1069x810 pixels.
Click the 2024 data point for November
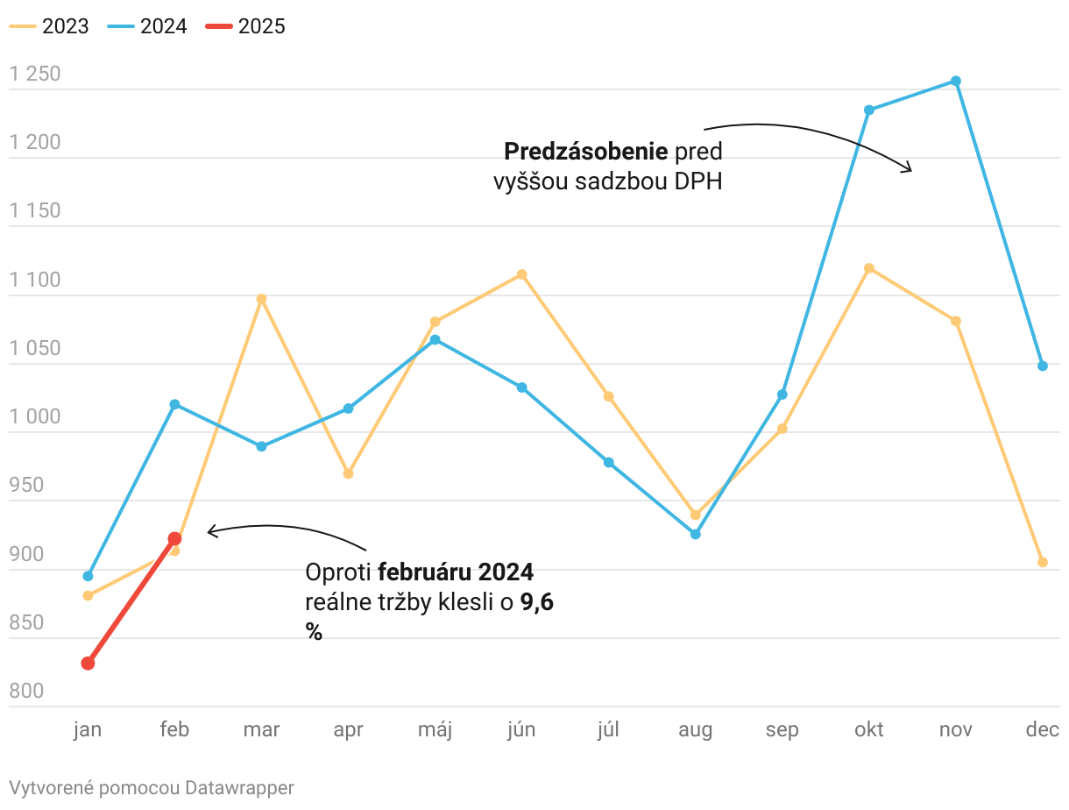(x=956, y=82)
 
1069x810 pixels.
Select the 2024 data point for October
(x=869, y=110)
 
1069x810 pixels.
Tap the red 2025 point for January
(x=88, y=664)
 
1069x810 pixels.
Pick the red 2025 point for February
(x=174, y=539)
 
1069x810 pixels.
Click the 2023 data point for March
(x=261, y=299)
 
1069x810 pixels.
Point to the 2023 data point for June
(x=521, y=274)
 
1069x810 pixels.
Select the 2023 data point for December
(x=1043, y=562)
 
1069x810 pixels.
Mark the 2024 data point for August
(x=696, y=534)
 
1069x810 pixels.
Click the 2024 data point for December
(x=1043, y=366)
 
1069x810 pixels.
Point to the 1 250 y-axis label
(x=35, y=75)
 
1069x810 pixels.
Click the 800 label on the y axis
(x=26, y=692)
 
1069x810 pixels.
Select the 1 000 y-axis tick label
(x=35, y=417)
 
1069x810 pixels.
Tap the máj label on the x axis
(x=435, y=730)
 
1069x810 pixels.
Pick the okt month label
(x=869, y=730)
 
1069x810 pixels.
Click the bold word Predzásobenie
(x=586, y=152)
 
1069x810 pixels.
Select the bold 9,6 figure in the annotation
(x=537, y=602)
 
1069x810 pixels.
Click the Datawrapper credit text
(x=151, y=787)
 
